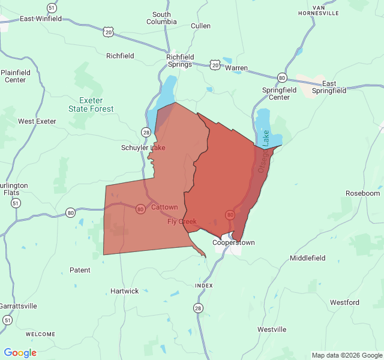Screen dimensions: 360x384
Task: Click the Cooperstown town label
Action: pos(234,243)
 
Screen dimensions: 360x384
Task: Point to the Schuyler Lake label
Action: pos(143,148)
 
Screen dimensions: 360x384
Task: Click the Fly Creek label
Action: pos(182,221)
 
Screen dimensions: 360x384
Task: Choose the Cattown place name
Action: pos(164,208)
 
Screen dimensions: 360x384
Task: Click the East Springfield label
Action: pos(334,87)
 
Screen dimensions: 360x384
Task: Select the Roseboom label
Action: pos(363,193)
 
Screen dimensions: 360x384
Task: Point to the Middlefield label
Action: pos(308,258)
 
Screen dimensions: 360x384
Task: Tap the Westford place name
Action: pos(344,302)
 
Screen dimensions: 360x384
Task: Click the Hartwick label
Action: pos(125,291)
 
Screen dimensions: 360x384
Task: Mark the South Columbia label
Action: pos(161,18)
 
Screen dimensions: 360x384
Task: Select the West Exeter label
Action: pos(37,121)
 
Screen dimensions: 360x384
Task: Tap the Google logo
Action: pos(20,353)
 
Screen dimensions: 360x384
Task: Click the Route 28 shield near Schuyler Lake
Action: pos(146,132)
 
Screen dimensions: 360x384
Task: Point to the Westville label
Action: pos(272,329)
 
